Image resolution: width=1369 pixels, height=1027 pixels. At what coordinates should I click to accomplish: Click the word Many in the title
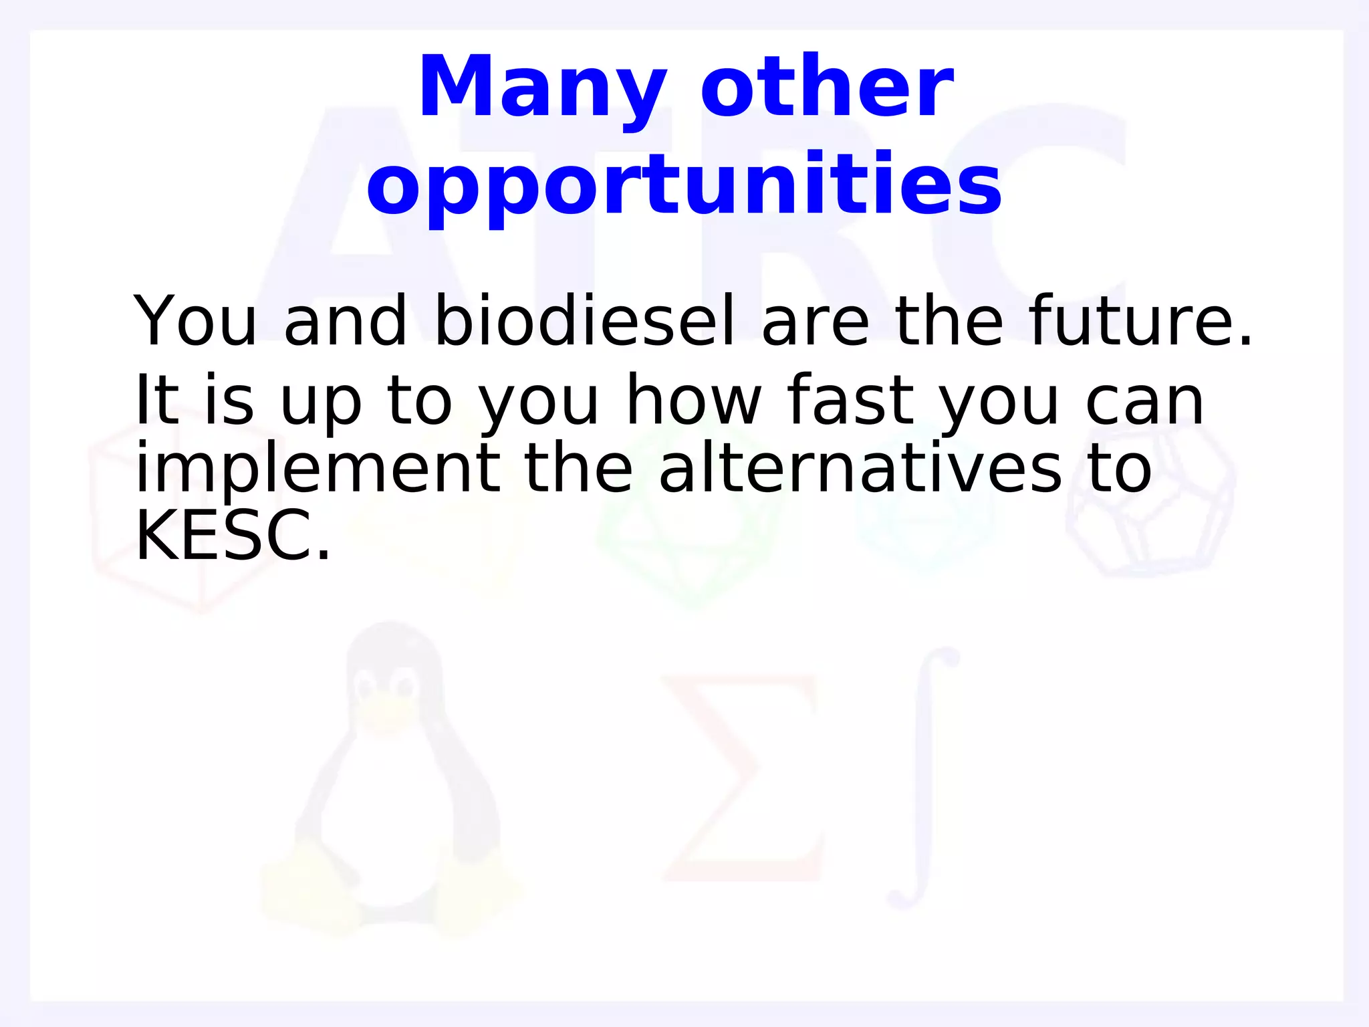point(542,88)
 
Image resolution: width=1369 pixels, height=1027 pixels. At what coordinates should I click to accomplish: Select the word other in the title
point(827,88)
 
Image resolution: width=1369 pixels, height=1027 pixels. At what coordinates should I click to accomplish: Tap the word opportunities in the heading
point(684,185)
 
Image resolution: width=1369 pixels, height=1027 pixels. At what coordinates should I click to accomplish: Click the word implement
point(318,469)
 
